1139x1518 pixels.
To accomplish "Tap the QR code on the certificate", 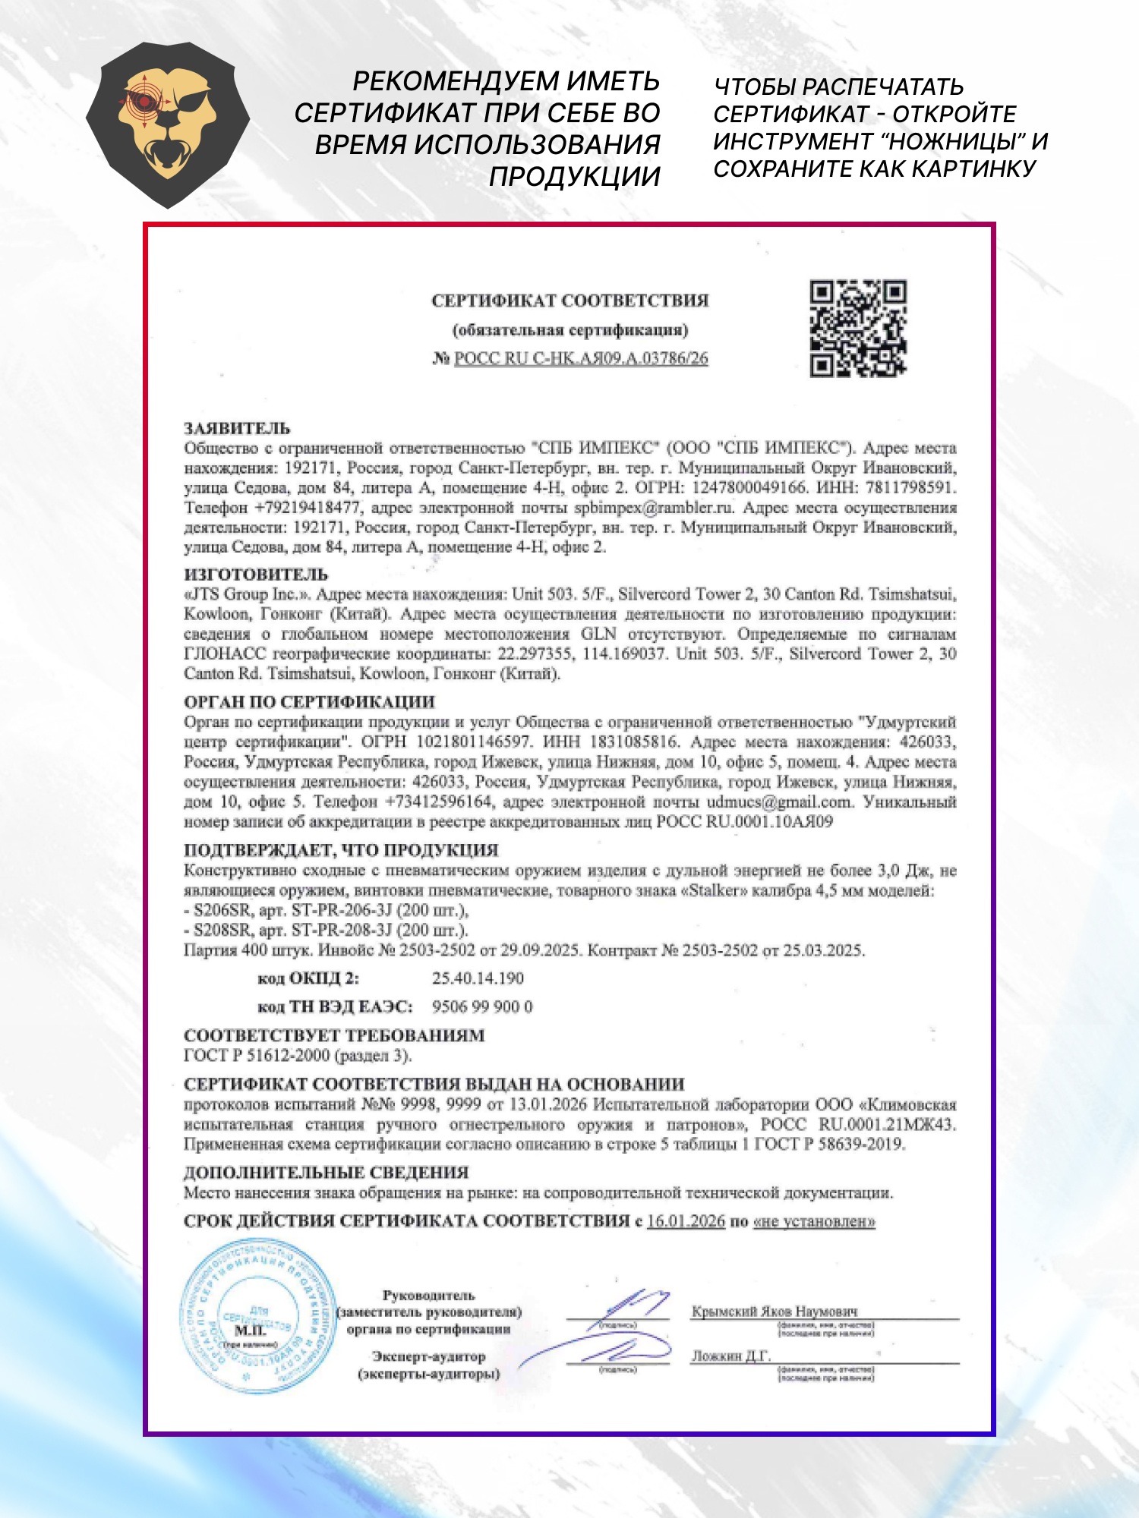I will click(857, 329).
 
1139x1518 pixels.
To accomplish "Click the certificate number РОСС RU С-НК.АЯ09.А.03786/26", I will click(581, 358).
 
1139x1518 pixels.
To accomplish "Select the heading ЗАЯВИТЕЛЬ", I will click(237, 428).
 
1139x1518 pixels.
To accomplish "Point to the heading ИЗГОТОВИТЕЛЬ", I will click(256, 575).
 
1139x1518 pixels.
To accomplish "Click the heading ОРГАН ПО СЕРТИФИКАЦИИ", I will click(309, 702).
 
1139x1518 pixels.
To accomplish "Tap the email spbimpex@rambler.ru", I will click(654, 507).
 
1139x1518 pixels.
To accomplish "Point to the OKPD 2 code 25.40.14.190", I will click(478, 978).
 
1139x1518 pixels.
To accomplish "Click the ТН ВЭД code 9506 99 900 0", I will click(482, 1006).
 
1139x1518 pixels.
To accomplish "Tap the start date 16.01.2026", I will click(686, 1221).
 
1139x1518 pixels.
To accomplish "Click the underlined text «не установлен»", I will click(814, 1221).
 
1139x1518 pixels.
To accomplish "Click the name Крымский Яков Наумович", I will click(775, 1311).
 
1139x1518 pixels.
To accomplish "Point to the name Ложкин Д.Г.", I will click(730, 1356).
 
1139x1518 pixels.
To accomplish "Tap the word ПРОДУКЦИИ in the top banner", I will click(574, 176).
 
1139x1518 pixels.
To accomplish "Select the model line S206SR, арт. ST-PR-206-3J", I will click(327, 910).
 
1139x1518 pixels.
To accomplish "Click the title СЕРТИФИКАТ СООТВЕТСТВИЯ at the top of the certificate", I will click(569, 301).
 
